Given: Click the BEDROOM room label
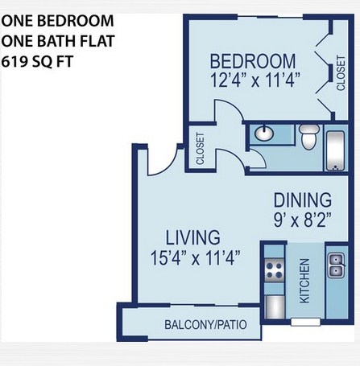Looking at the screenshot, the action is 253,61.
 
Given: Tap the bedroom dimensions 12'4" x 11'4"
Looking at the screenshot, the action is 254,80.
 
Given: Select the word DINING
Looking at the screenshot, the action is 303,199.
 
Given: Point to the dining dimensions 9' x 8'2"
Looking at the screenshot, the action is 302,220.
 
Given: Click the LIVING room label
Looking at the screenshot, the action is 192,237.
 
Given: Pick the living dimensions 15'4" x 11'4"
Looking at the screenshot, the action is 195,257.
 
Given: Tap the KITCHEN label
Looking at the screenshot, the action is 304,281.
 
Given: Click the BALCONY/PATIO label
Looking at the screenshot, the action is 205,325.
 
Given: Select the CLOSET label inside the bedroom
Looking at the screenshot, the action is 341,73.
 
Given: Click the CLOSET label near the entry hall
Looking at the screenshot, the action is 201,149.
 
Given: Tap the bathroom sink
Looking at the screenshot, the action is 264,133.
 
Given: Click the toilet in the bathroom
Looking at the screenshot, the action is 309,137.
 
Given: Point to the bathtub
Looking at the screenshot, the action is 335,151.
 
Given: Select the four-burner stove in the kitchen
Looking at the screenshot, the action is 274,270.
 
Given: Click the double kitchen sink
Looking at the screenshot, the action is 336,265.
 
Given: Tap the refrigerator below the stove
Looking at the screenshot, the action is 275,306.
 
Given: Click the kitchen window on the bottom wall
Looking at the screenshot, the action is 306,322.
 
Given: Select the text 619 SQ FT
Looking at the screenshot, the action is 37,62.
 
